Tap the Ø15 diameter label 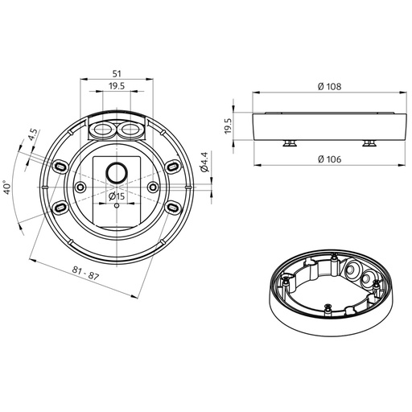pos(117,196)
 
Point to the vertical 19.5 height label pos(228,126)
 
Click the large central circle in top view pos(117,172)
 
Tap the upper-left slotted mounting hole pos(60,165)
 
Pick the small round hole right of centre pos(152,187)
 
